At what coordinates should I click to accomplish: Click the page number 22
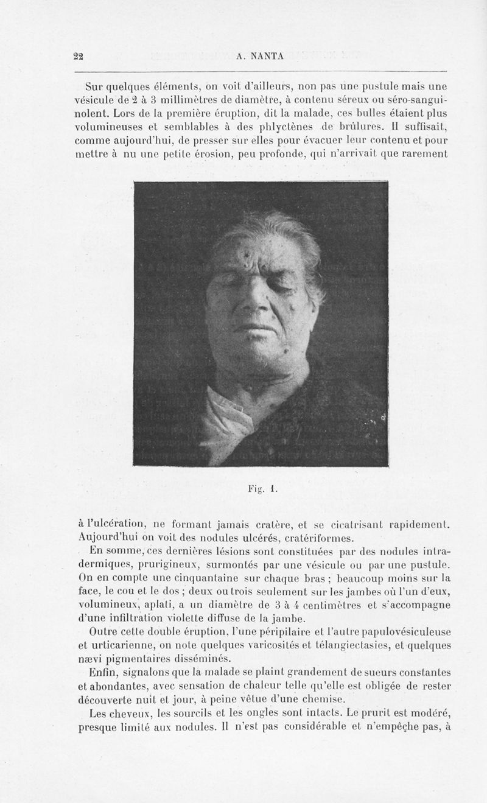click(x=78, y=56)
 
